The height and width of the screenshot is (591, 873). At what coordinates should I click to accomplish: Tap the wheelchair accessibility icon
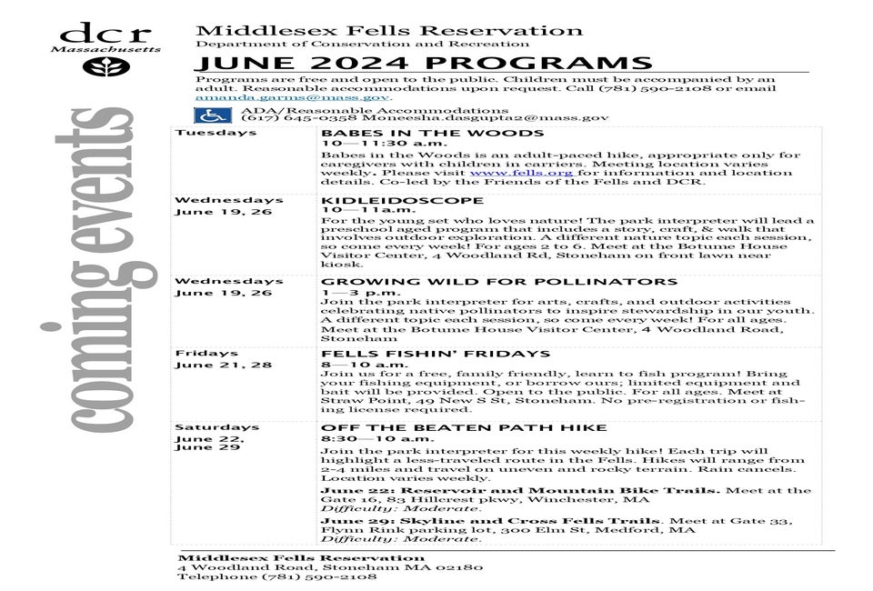pyautogui.click(x=213, y=115)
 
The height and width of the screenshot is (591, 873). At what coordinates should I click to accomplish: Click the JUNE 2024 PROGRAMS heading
pyautogui.click(x=423, y=63)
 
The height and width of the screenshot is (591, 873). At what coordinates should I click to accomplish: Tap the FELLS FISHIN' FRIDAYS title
pyautogui.click(x=423, y=354)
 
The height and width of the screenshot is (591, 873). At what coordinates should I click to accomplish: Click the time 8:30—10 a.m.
pyautogui.click(x=365, y=438)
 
